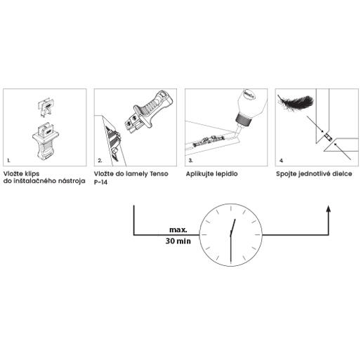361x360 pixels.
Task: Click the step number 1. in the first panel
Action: pyautogui.click(x=8, y=161)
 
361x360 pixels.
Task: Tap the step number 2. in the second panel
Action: pyautogui.click(x=100, y=161)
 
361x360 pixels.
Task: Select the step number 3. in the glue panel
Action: pyautogui.click(x=190, y=161)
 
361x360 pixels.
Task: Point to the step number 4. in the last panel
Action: pyautogui.click(x=281, y=161)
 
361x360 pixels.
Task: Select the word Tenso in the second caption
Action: pyautogui.click(x=159, y=174)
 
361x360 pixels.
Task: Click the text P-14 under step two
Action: pyautogui.click(x=100, y=182)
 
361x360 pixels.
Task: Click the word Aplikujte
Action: pyautogui.click(x=199, y=174)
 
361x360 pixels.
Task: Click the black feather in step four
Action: pyautogui.click(x=296, y=102)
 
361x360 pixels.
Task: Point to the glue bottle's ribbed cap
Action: pyautogui.click(x=244, y=120)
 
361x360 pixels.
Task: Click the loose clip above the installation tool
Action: pyautogui.click(x=46, y=107)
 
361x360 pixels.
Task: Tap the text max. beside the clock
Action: pyautogui.click(x=178, y=230)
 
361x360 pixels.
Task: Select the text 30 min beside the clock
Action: pyautogui.click(x=178, y=241)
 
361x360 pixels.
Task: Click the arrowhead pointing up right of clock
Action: pyautogui.click(x=329, y=208)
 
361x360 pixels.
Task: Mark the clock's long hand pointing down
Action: pyautogui.click(x=231, y=248)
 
